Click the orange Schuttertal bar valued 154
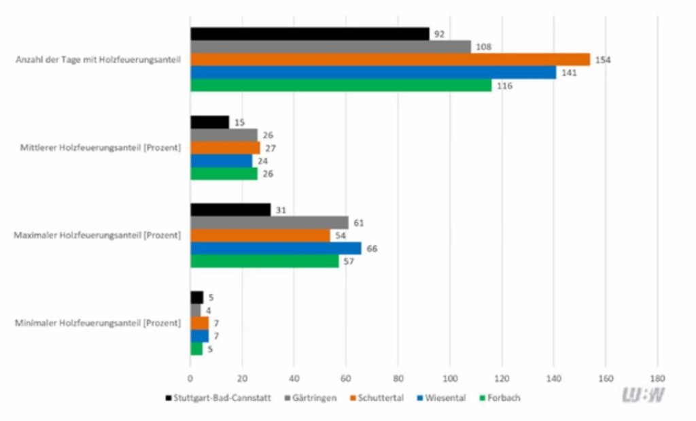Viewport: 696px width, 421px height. tap(390, 60)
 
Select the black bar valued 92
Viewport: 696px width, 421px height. tap(310, 34)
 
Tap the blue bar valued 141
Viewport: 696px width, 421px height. tap(373, 73)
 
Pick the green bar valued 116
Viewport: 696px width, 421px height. tap(341, 86)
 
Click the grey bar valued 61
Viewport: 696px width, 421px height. tap(269, 223)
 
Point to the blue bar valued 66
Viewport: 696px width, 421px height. tap(275, 248)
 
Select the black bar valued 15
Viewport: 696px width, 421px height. tap(209, 122)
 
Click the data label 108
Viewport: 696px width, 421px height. tap(483, 47)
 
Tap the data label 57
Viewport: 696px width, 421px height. tap(349, 262)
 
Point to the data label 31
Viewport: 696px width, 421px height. tap(280, 210)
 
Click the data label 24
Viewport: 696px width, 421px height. tap(262, 161)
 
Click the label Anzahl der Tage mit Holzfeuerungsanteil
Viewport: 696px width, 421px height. tap(98, 60)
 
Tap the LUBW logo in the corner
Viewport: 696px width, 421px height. tap(643, 395)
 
